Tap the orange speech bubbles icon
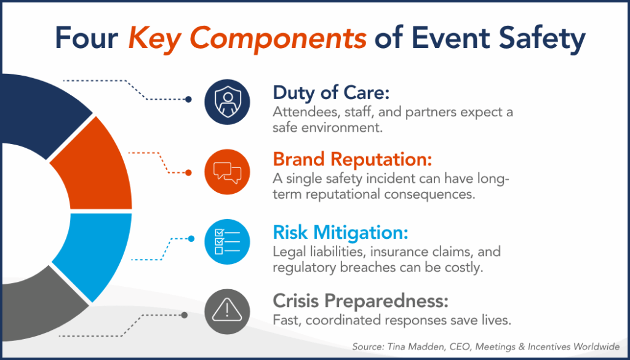(227, 172)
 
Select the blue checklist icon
(227, 241)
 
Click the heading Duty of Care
(332, 93)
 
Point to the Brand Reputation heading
(353, 159)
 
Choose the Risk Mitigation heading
(340, 233)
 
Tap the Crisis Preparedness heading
(361, 302)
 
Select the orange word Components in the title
(284, 39)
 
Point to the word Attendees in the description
(300, 113)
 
